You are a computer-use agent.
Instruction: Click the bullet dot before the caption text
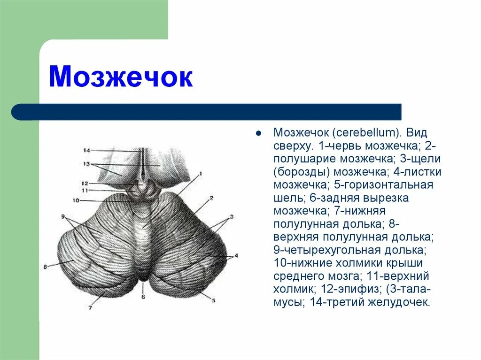258,133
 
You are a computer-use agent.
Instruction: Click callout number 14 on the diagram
86,151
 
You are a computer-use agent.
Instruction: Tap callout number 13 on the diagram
86,164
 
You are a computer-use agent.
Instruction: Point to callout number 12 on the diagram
85,183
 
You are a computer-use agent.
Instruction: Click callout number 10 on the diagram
76,200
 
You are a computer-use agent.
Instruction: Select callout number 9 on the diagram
62,216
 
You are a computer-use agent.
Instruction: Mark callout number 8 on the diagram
46,267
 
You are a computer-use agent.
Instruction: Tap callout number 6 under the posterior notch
144,297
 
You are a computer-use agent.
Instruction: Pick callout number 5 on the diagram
213,300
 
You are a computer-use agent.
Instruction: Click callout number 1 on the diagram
200,174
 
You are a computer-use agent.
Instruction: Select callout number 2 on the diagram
212,198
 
